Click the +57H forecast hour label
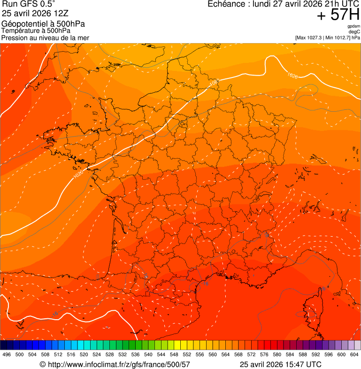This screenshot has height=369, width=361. pyautogui.click(x=338, y=15)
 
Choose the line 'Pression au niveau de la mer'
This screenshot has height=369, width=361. pyautogui.click(x=45, y=38)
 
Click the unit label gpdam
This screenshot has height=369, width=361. pyautogui.click(x=353, y=26)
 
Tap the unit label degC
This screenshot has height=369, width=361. pyautogui.click(x=354, y=32)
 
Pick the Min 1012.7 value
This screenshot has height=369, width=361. pyautogui.click(x=338, y=38)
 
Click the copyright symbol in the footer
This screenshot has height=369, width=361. pyautogui.click(x=42, y=364)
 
